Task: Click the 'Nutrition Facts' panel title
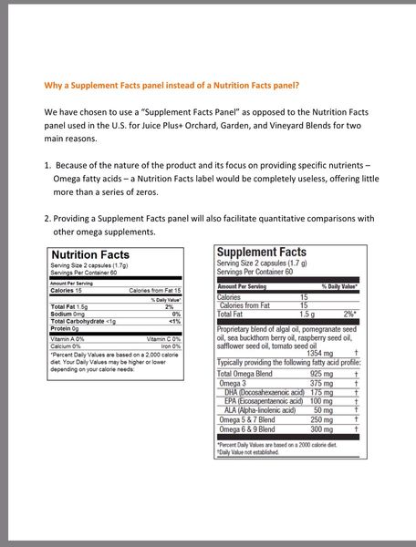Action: point(89,254)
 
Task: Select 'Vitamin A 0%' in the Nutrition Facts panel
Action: point(68,338)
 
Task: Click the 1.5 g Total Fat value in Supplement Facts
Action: point(313,314)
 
